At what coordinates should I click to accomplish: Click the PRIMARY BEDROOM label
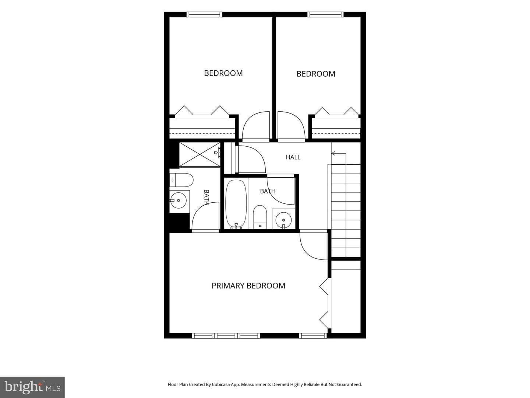(248, 286)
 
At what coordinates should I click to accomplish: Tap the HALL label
(293, 157)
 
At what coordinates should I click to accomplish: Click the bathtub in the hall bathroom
(236, 204)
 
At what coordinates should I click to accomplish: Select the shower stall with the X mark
(200, 154)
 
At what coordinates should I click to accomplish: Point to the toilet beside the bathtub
(259, 217)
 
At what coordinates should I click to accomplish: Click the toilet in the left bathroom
(181, 180)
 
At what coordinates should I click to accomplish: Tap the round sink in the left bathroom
(178, 200)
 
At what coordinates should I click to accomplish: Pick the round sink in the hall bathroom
(283, 220)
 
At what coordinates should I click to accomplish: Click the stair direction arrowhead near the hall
(333, 153)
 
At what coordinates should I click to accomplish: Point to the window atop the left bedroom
(204, 14)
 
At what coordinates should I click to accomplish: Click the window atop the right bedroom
(325, 14)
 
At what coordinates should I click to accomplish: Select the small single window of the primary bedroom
(313, 336)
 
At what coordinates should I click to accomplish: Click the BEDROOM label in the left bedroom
(223, 73)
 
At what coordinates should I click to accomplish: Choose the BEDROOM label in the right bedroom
(316, 74)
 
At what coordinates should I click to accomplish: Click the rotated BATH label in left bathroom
(206, 198)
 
